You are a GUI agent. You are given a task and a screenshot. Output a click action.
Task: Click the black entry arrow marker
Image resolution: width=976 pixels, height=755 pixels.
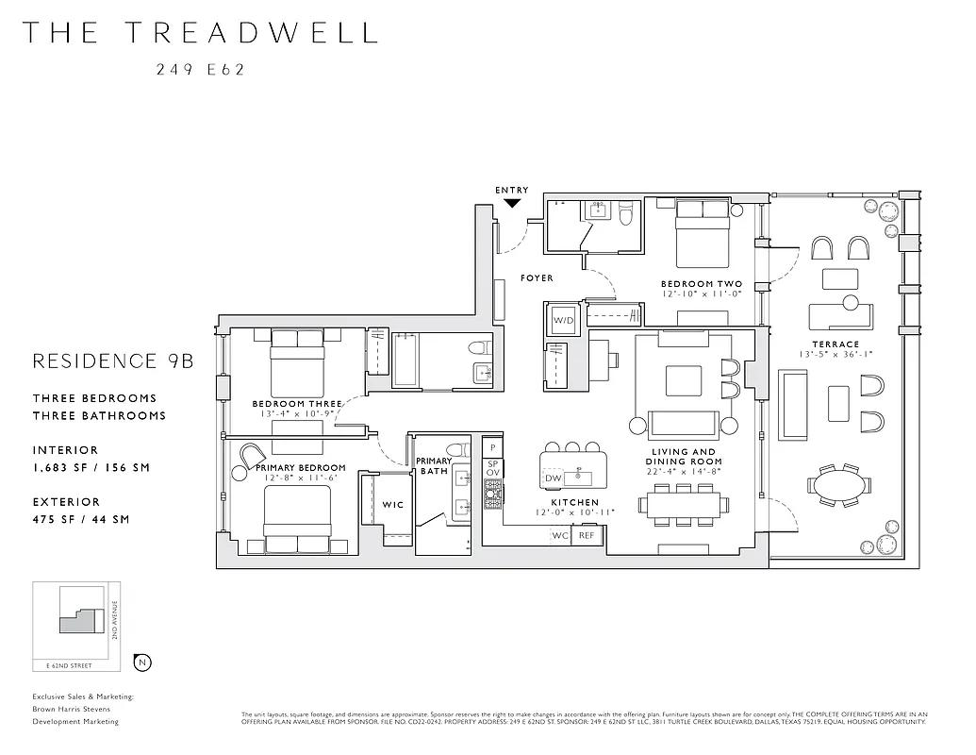[512, 202]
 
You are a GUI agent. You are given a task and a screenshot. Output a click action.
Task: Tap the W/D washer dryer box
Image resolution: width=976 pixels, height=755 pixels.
[563, 321]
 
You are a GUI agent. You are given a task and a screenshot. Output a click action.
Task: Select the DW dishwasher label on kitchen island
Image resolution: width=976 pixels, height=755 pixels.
[554, 479]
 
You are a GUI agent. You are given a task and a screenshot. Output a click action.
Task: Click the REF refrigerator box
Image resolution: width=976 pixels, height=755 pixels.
[587, 535]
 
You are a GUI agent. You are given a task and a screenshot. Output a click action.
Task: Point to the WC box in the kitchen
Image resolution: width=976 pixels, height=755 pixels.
[561, 535]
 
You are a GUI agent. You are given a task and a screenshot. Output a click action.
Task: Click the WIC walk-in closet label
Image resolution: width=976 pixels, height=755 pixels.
[393, 505]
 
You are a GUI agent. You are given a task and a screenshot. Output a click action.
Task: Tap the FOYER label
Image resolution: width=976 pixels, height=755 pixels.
[537, 278]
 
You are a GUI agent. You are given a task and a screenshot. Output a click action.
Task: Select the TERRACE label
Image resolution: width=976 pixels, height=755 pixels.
[835, 344]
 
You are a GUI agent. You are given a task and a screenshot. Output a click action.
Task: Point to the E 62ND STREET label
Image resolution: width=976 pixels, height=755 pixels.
[69, 665]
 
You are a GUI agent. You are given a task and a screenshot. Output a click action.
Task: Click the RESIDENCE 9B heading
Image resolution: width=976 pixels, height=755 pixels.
[113, 361]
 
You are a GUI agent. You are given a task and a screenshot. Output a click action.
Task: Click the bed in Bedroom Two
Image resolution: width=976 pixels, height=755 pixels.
[701, 236]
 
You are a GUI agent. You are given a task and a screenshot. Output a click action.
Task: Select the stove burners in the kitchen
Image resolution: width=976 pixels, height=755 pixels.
[492, 494]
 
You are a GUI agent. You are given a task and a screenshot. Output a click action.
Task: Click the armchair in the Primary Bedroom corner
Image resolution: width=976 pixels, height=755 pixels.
[252, 457]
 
